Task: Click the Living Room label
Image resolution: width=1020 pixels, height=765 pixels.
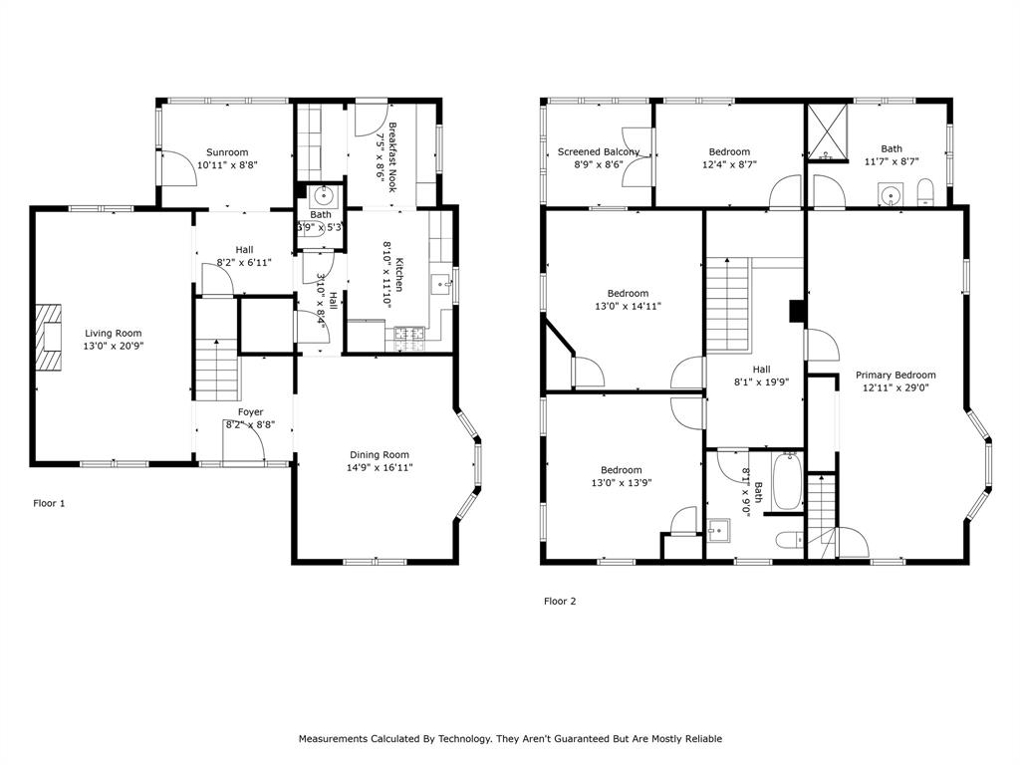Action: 113,334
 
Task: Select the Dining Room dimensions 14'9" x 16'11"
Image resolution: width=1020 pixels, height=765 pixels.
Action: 380,467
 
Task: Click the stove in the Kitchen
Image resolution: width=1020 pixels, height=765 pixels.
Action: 411,339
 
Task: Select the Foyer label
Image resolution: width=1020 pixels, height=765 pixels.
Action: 250,411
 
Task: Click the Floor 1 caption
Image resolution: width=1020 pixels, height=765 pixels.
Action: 49,503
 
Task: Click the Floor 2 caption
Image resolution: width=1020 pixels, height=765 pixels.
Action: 559,601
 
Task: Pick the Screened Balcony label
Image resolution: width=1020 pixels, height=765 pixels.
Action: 598,151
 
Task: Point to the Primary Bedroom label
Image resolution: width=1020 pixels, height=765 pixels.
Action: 895,376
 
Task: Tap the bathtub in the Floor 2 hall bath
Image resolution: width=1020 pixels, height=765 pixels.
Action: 787,481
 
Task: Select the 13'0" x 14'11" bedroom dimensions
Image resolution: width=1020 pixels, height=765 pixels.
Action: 628,307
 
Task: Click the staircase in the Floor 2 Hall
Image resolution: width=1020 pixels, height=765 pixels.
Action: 726,303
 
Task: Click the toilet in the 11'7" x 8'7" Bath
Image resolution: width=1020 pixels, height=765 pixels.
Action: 924,192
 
